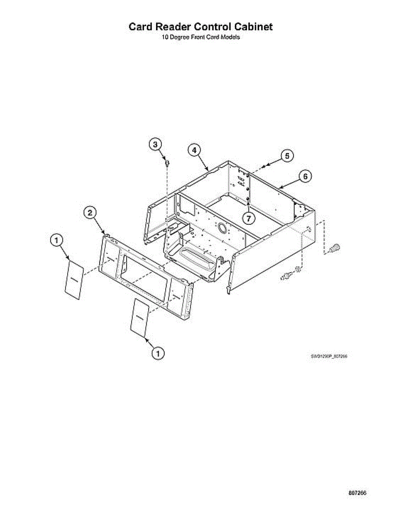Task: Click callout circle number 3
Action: tap(156, 144)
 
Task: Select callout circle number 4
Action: tap(194, 150)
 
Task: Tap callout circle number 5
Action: tap(287, 156)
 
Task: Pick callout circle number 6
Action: tap(305, 176)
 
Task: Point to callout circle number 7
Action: tap(248, 218)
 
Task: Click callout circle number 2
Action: tap(90, 212)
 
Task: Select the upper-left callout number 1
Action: tap(57, 240)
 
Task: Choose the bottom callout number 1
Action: tap(158, 353)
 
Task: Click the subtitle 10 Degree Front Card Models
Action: tap(201, 37)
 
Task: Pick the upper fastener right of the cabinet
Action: tap(335, 248)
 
